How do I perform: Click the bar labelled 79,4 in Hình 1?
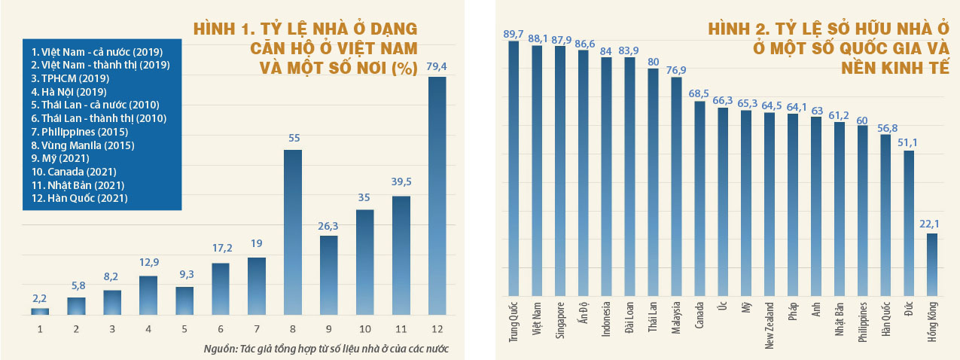[437, 195]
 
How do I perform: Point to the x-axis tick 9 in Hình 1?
[328, 328]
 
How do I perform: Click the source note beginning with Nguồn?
[321, 349]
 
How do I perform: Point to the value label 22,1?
[932, 223]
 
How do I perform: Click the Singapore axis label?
[559, 322]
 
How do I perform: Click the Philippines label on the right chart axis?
[862, 323]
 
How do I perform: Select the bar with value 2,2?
[39, 311]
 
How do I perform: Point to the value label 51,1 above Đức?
[910, 141]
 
